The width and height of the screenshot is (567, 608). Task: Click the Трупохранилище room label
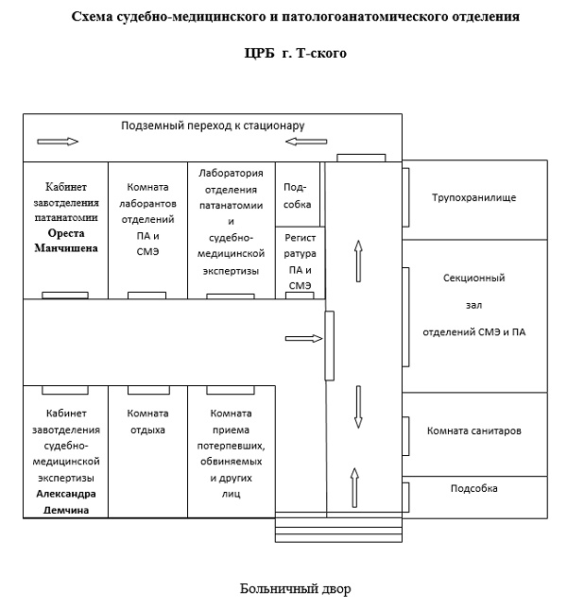pos(473,197)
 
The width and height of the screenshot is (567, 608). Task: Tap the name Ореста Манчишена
pos(66,241)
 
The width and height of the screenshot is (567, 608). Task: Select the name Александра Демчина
pos(66,501)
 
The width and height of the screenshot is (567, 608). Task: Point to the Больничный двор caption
pos(296,588)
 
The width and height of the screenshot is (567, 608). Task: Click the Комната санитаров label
pos(473,431)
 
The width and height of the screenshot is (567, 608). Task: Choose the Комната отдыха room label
pos(147,421)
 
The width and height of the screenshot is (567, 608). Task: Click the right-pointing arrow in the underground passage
pos(58,142)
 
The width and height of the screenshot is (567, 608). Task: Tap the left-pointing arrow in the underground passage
pos(306,142)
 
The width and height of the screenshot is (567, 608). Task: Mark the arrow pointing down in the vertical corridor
pos(358,407)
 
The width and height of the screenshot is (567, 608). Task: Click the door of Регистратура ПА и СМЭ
pos(300,296)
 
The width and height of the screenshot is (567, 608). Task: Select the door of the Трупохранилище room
pos(405,197)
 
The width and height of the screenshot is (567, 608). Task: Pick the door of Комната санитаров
pos(405,436)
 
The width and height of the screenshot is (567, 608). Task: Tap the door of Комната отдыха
pos(148,390)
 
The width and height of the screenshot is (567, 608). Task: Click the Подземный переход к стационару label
pos(213,126)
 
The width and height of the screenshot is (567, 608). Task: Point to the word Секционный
pos(473,278)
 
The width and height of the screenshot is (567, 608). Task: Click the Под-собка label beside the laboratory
pos(298,195)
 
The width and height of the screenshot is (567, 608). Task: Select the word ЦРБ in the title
pos(259,53)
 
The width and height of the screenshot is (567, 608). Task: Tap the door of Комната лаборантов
pos(146,296)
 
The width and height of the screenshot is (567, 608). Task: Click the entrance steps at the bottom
pos(338,527)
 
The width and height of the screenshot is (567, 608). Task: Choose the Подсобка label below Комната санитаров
pos(473,489)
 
